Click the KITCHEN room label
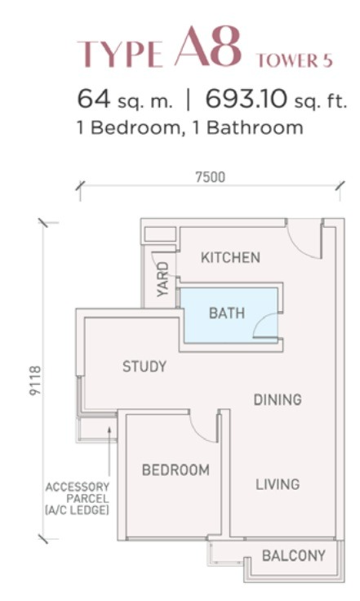230,257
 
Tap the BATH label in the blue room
227,313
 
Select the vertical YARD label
163,279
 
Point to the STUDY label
144,367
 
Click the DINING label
278,400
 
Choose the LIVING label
278,484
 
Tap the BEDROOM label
176,470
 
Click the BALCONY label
294,555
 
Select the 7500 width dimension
211,177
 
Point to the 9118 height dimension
35,381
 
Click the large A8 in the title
209,47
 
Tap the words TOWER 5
295,60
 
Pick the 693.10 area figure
246,100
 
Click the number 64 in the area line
93,100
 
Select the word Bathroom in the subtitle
255,127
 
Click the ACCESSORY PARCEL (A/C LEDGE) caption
78,498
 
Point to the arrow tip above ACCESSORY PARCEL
109,429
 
